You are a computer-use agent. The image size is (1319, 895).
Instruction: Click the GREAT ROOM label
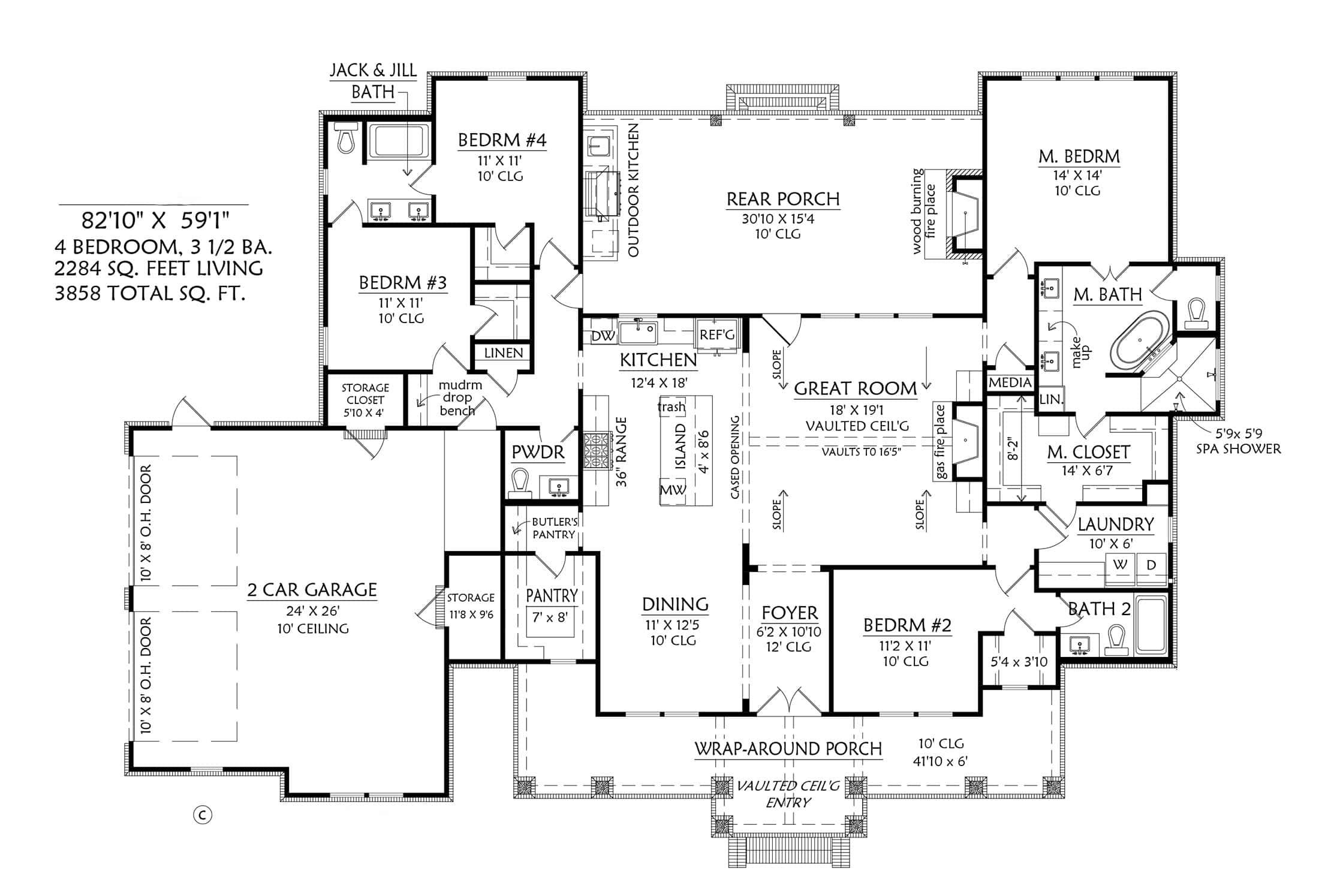coord(856,388)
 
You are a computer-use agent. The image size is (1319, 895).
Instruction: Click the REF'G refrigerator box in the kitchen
coord(717,335)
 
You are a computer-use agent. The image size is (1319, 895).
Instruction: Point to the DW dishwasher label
coord(603,336)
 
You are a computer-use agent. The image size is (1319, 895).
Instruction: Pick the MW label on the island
coord(673,490)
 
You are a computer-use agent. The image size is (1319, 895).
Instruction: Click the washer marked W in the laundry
coord(1120,565)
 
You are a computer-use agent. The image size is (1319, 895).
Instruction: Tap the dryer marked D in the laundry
coord(1151,565)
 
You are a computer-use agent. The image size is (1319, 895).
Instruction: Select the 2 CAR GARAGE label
coord(312,590)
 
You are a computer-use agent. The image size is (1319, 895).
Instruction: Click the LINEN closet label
coord(504,353)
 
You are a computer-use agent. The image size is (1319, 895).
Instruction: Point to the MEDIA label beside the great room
coord(1010,382)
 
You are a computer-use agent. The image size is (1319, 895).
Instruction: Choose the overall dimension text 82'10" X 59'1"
coord(156,221)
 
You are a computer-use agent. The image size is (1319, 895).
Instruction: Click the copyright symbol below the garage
coord(203,815)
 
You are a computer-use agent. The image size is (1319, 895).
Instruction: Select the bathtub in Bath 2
coord(1151,625)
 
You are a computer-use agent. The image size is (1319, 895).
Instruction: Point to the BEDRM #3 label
coord(403,282)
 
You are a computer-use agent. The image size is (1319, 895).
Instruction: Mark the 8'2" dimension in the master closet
coord(1013,448)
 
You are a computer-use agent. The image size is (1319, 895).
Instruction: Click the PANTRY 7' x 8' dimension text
coord(550,617)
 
